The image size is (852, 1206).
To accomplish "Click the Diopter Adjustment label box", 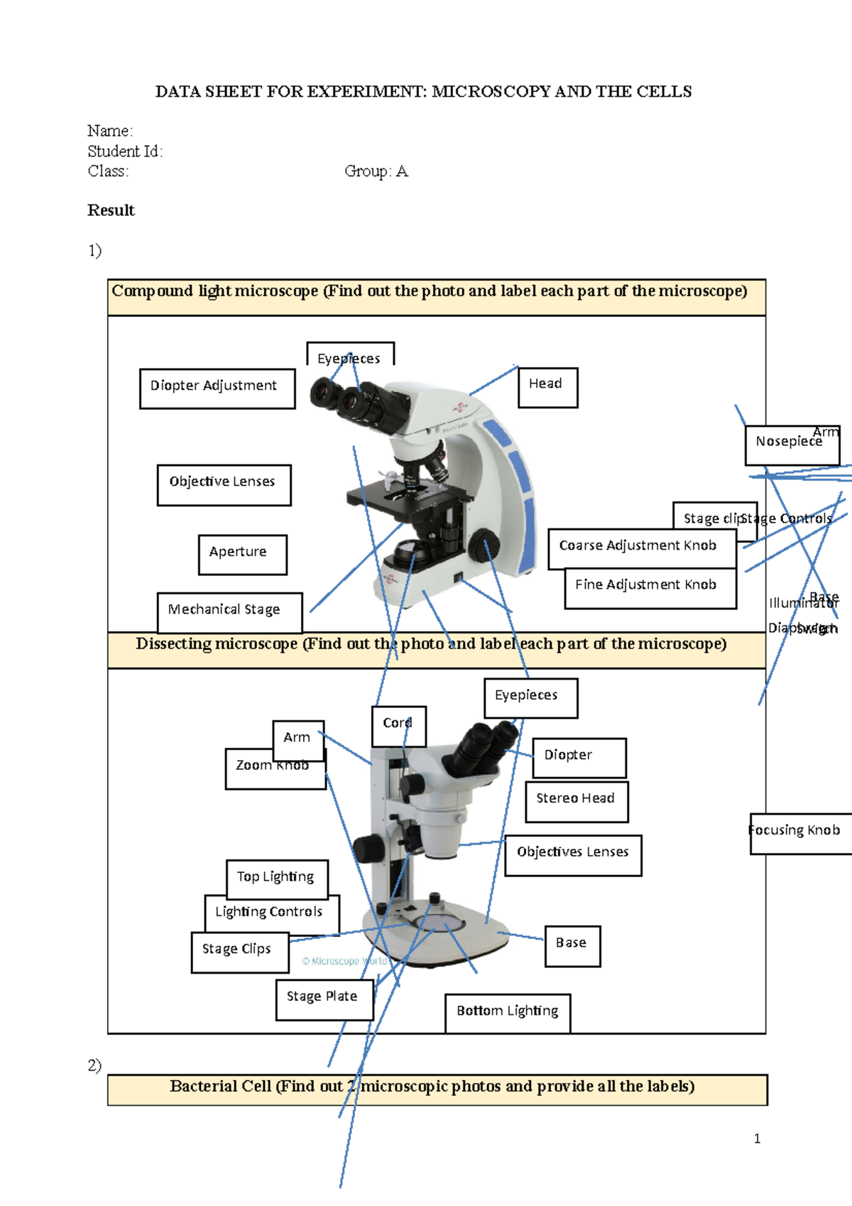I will click(217, 388).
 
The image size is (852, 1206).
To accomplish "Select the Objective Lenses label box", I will click(224, 484).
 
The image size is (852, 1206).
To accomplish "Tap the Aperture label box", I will click(242, 554).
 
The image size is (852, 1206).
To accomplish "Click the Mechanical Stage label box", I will click(229, 612).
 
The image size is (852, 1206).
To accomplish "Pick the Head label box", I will click(547, 386).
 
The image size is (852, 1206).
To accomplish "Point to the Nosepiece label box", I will click(791, 444).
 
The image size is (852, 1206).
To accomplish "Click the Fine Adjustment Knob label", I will click(649, 587).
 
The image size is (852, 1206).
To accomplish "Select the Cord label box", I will click(398, 725).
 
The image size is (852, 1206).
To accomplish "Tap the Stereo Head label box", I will click(576, 800).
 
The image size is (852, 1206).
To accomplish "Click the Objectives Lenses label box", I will click(572, 854).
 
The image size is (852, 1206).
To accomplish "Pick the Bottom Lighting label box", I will click(507, 1013).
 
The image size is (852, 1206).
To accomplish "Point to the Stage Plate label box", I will click(324, 999).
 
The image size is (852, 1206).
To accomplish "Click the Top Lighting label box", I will click(276, 879).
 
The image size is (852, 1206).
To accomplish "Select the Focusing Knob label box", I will click(798, 832).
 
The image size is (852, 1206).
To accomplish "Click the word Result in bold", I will click(111, 210).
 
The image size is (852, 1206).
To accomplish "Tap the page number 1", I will click(757, 1139).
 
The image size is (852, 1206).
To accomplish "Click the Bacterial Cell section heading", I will click(432, 1087).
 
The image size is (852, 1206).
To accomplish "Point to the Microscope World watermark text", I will click(346, 962).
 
